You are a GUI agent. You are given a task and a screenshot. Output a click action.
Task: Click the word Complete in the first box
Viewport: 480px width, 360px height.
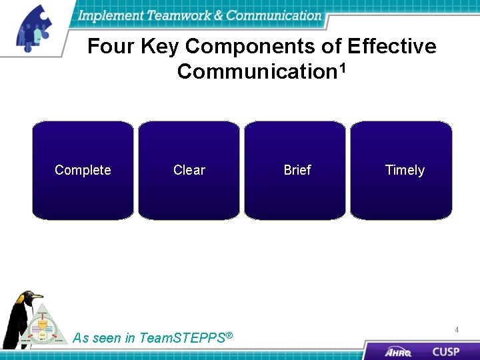[83, 170]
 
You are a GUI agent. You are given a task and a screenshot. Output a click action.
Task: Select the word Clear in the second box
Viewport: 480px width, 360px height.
[189, 170]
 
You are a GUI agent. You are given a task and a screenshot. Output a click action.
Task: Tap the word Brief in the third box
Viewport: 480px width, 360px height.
[297, 170]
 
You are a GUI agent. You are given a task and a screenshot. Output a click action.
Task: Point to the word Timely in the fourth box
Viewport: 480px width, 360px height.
[405, 170]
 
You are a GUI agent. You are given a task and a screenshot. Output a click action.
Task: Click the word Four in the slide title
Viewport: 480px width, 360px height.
[110, 47]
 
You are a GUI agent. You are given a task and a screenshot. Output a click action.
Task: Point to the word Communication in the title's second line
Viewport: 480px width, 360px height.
[256, 71]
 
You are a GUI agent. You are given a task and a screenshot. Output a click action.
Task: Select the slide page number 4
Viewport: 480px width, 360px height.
[457, 330]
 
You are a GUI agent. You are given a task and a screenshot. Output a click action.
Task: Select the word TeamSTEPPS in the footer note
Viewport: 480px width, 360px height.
[182, 338]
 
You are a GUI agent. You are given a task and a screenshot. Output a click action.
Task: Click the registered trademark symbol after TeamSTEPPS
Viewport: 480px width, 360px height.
[229, 335]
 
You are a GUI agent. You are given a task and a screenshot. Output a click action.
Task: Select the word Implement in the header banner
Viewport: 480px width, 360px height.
[109, 15]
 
